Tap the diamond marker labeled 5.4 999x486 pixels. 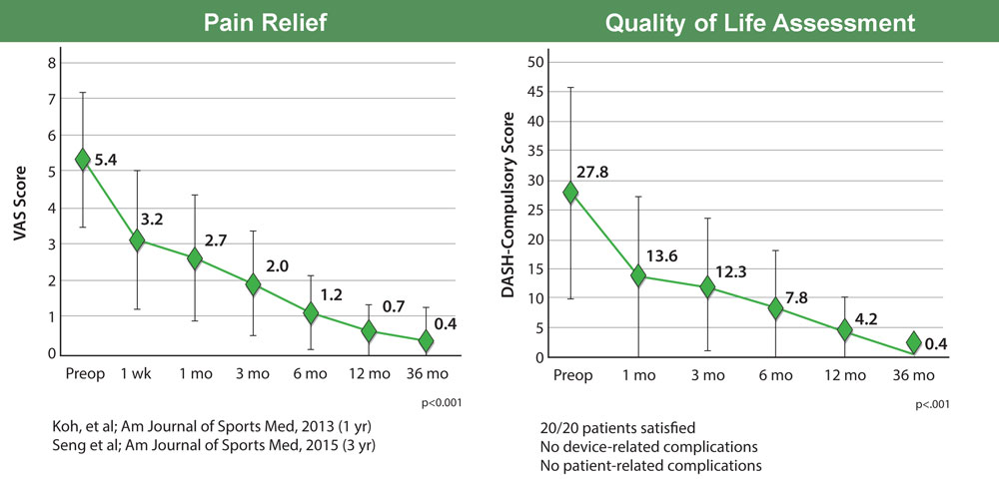[x=83, y=160]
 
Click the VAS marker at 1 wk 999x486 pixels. [x=138, y=241]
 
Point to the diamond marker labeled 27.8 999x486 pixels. [x=571, y=193]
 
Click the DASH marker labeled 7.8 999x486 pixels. [x=775, y=309]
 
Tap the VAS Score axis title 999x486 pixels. [x=19, y=208]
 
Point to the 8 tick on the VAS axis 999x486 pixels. [x=52, y=63]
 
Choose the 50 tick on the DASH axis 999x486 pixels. [x=533, y=62]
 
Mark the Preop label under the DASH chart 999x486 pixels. [x=571, y=375]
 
